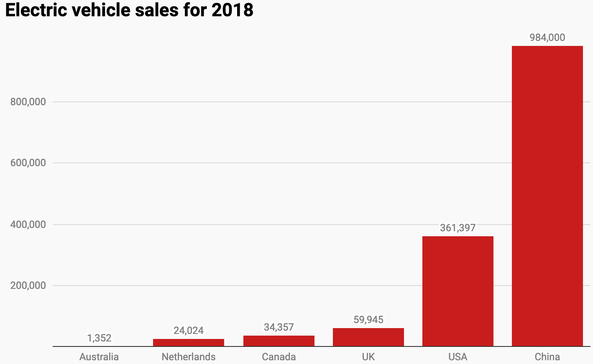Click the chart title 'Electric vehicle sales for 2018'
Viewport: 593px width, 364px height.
coord(129,10)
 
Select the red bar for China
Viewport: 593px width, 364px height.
coord(547,196)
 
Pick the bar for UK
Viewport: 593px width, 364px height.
coord(368,337)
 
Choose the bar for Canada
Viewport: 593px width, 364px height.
coord(279,341)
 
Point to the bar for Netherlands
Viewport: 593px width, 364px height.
coord(188,343)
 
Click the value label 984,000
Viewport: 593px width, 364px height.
coord(547,38)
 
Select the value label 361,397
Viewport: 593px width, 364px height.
coord(458,228)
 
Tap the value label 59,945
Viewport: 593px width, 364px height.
coord(368,320)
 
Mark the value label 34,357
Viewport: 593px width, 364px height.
coord(279,327)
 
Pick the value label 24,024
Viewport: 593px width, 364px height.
coord(188,331)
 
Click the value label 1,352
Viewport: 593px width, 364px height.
coord(99,338)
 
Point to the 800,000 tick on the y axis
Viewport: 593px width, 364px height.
coord(28,102)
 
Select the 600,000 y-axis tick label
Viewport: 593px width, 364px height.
coord(28,163)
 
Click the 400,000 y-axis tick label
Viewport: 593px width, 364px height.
coord(28,225)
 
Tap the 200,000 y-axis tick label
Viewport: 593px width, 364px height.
coord(28,286)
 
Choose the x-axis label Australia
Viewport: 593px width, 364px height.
coord(99,357)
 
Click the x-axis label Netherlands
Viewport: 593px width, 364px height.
coord(188,357)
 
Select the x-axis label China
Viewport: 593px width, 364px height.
coord(547,357)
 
